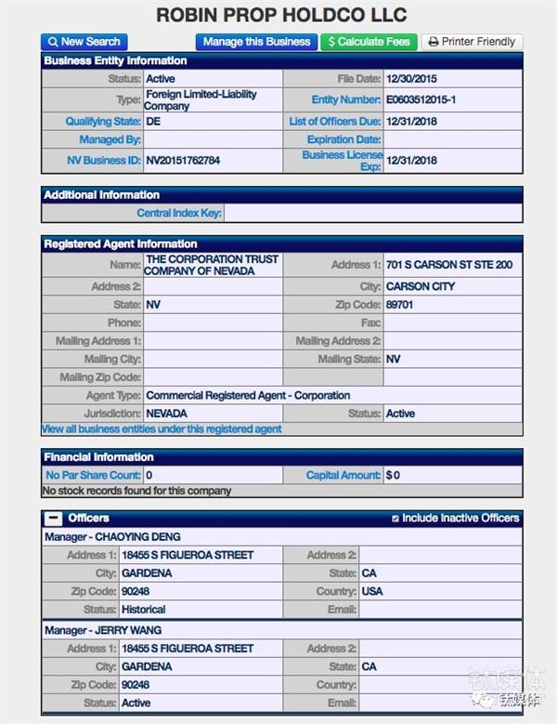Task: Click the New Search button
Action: point(84,42)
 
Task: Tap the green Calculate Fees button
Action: point(369,42)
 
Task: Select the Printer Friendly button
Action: point(472,42)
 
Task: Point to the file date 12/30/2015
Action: point(411,80)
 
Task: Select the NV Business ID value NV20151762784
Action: point(183,161)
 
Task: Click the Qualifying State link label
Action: point(102,122)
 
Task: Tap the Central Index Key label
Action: point(178,213)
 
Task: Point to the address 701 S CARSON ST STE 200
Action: point(449,265)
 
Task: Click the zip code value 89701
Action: point(402,305)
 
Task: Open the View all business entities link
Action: point(162,429)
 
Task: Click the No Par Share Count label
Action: point(93,475)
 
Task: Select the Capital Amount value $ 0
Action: point(394,475)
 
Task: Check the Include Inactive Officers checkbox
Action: point(396,519)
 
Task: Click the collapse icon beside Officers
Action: point(54,519)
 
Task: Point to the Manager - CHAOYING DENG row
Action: point(112,537)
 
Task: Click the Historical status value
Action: point(144,610)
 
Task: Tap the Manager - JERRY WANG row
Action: point(103,630)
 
